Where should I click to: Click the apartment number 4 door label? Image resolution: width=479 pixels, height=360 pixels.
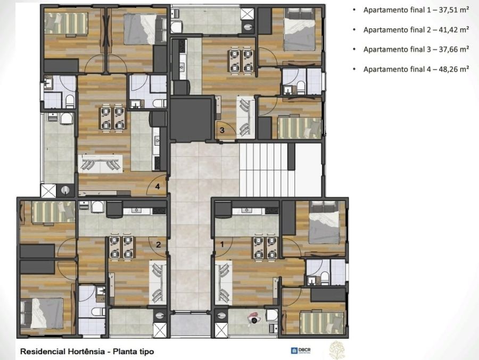pyautogui.click(x=158, y=186)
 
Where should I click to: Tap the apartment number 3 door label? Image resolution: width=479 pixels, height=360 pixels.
pyautogui.click(x=222, y=130)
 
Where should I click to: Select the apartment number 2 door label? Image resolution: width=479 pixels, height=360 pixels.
pyautogui.click(x=158, y=244)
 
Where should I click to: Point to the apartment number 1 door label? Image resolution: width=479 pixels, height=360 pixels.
pyautogui.click(x=222, y=244)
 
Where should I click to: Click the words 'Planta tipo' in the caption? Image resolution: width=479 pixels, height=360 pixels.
pyautogui.click(x=134, y=351)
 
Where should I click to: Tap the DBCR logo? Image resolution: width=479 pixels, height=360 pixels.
pyautogui.click(x=301, y=350)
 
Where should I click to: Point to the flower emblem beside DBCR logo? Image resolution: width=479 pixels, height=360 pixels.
pyautogui.click(x=337, y=349)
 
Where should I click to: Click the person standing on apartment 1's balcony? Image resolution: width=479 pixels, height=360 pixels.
pyautogui.click(x=253, y=318)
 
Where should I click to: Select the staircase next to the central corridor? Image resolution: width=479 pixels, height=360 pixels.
pyautogui.click(x=267, y=170)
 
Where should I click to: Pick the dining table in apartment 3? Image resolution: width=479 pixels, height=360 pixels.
pyautogui.click(x=241, y=61)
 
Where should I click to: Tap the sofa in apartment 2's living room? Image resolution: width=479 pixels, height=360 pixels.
pyautogui.click(x=158, y=282)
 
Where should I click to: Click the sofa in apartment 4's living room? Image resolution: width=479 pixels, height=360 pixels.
pyautogui.click(x=101, y=164)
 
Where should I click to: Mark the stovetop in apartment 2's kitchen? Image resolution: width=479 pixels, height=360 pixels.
pyautogui.click(x=159, y=211)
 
